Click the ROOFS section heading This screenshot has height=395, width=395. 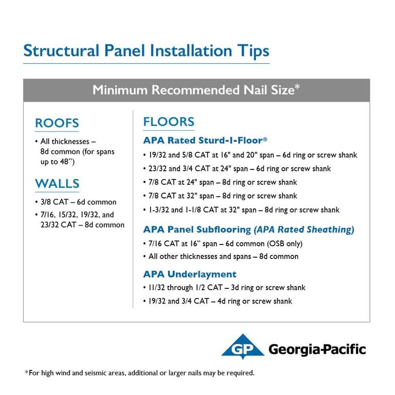(x=57, y=123)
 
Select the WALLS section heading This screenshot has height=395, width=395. (x=57, y=184)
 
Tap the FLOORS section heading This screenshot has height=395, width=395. (x=169, y=122)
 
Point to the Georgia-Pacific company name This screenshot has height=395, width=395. (x=317, y=349)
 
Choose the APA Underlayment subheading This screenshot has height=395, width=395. (x=190, y=274)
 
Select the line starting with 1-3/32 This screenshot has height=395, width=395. (x=242, y=210)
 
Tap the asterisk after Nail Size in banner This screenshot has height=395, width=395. (x=297, y=87)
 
